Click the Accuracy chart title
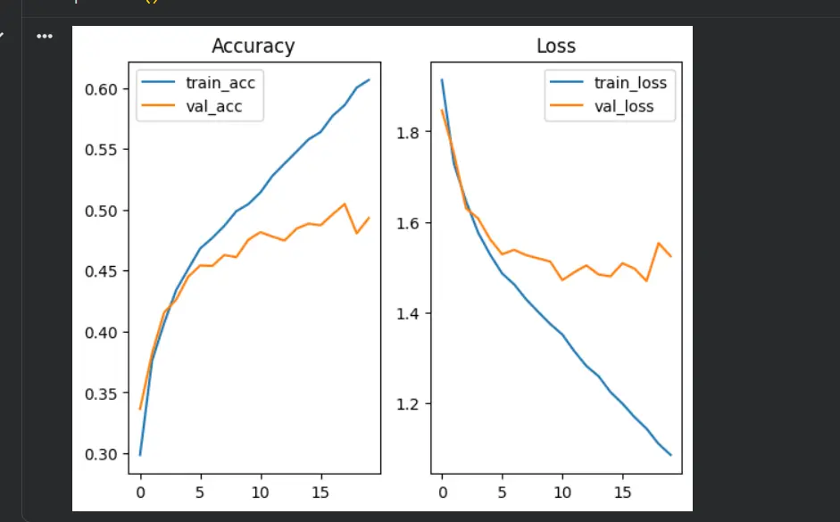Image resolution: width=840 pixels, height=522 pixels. pos(253,46)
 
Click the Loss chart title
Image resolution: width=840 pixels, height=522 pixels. pos(555,46)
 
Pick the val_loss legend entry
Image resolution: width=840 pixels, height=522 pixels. pos(624,106)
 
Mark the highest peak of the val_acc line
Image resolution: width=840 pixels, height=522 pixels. pos(345,203)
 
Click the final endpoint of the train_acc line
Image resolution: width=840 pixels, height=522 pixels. pos(369,79)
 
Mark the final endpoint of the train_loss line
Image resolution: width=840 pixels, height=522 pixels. pos(670,455)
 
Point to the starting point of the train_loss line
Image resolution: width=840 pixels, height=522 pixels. pos(442,79)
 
